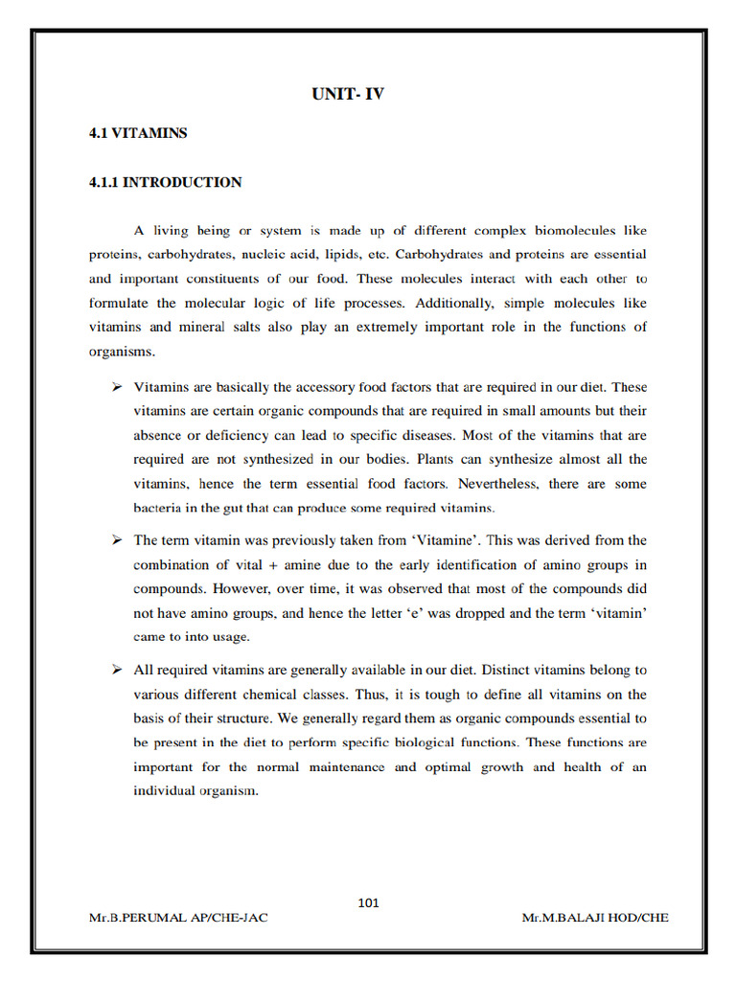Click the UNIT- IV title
pos(348,94)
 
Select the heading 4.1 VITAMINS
pos(138,133)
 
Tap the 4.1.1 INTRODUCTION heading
pos(165,182)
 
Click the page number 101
pos(368,901)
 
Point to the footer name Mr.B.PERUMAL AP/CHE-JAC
pos(178,918)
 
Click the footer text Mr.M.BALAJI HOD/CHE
pos(595,918)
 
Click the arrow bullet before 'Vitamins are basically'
pos(117,387)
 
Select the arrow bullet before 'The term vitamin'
pos(117,540)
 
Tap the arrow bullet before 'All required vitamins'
pos(117,670)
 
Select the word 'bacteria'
pos(158,507)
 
